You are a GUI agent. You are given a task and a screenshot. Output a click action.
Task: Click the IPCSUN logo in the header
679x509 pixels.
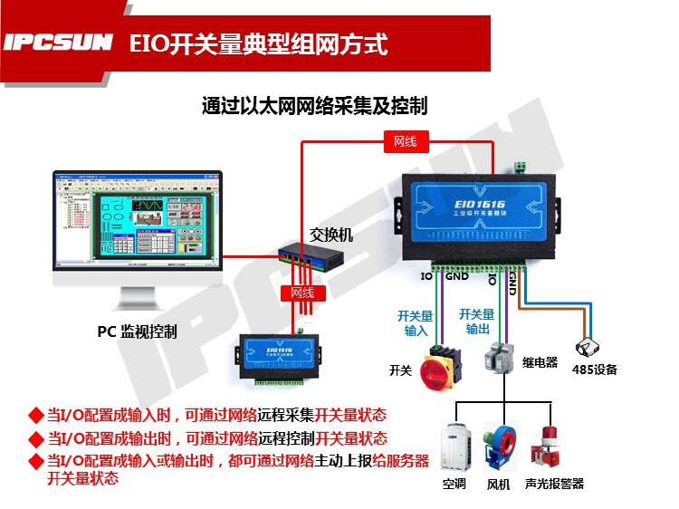[58, 43]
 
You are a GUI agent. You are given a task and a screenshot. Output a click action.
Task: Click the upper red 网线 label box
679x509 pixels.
[405, 141]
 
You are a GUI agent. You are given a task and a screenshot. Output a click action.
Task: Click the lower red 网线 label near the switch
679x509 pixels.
[301, 293]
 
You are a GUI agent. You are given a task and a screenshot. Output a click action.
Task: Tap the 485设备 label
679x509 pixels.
[594, 370]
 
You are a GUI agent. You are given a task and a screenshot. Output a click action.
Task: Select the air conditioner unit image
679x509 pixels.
[454, 448]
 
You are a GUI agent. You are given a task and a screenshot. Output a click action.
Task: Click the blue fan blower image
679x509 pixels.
[501, 446]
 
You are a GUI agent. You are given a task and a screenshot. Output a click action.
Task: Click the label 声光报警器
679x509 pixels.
[554, 484]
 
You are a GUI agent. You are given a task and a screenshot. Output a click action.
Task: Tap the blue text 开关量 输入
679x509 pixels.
[416, 322]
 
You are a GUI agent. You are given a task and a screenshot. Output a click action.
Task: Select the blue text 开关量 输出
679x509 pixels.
[477, 321]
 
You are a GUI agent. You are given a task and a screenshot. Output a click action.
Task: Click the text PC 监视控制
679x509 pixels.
[138, 331]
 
